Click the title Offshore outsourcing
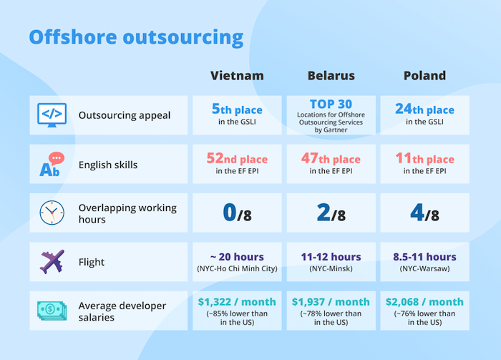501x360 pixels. [x=136, y=37]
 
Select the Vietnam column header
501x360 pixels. [x=237, y=76]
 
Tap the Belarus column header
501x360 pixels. [x=331, y=76]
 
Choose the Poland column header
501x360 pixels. [x=424, y=76]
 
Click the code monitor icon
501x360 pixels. [x=52, y=115]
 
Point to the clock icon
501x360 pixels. [x=52, y=213]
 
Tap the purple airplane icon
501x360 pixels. [x=52, y=262]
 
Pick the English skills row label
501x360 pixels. [x=108, y=165]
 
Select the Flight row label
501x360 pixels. [x=92, y=262]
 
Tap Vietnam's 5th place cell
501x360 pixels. [x=237, y=110]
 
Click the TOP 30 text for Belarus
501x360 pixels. [x=331, y=104]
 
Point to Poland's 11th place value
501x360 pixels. [x=424, y=159]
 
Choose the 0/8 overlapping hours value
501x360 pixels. [x=237, y=213]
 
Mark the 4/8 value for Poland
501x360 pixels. [x=424, y=213]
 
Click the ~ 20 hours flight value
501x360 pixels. [x=237, y=257]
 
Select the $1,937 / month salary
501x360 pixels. [x=331, y=302]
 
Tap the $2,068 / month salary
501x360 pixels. [x=424, y=302]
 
